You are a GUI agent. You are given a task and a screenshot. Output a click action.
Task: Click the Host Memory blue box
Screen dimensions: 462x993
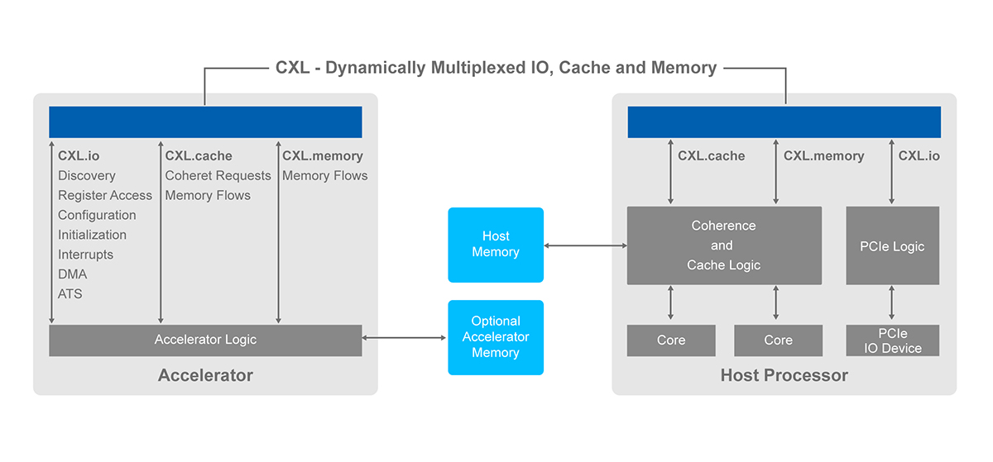495,245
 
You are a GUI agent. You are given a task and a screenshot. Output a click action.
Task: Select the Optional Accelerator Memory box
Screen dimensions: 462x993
495,337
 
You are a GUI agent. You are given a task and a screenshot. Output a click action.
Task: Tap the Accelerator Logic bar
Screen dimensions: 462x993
205,340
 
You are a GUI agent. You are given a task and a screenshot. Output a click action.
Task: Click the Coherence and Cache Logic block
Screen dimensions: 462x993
724,245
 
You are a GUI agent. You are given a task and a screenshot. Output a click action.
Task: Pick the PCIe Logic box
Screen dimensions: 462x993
892,245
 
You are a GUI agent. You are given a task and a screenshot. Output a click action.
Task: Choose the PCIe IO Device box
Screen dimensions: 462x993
892,341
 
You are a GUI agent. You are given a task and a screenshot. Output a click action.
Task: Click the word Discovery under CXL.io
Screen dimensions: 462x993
87,175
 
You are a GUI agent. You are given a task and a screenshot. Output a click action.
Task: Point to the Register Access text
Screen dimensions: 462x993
105,195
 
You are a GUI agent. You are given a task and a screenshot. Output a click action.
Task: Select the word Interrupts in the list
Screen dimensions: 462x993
85,255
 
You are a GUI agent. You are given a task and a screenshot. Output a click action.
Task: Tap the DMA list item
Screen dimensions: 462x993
72,274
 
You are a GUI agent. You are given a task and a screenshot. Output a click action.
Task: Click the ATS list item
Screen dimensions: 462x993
70,294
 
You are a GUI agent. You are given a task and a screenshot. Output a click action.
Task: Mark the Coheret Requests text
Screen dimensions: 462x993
218,175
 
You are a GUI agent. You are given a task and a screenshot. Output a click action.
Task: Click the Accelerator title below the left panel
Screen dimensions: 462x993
205,376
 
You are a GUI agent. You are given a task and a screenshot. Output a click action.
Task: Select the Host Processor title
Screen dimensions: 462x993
784,376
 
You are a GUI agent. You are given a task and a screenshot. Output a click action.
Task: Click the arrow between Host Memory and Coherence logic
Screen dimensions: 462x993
585,245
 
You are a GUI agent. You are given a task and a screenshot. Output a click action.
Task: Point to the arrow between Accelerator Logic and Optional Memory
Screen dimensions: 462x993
405,337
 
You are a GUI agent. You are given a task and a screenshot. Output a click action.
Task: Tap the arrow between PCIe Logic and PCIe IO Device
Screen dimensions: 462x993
892,303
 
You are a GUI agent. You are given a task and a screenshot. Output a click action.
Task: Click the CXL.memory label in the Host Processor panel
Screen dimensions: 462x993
823,155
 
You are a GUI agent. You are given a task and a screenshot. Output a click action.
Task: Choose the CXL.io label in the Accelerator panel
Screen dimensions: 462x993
79,155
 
